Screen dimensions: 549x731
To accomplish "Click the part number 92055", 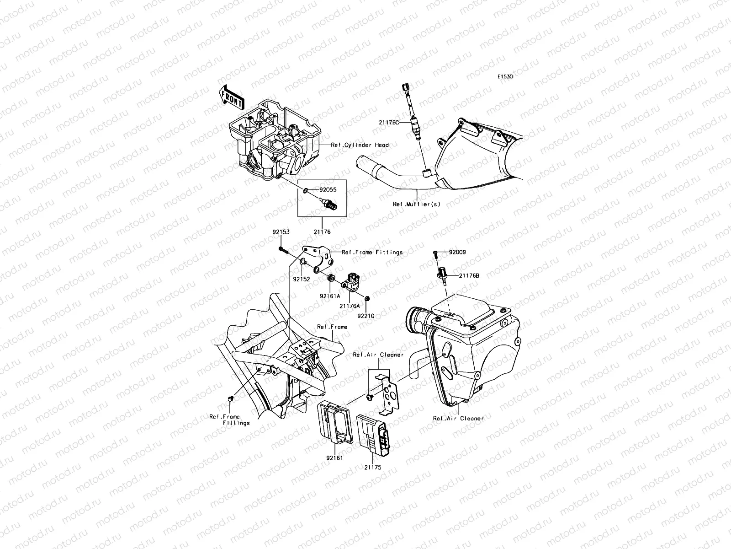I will pyautogui.click(x=328, y=189).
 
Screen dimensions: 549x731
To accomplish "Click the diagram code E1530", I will pyautogui.click(x=505, y=77).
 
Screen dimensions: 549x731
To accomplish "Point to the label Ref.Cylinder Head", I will pyautogui.click(x=360, y=145).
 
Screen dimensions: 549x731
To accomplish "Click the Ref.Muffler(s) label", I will pyautogui.click(x=416, y=205).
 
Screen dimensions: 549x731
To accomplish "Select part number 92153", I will pyautogui.click(x=281, y=232).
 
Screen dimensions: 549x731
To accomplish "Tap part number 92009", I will pyautogui.click(x=457, y=252).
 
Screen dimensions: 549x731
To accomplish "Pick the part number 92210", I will pyautogui.click(x=365, y=316).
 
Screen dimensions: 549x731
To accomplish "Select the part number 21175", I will pyautogui.click(x=372, y=468).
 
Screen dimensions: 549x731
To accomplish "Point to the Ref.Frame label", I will pyautogui.click(x=332, y=327).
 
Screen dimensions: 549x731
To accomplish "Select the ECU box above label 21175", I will pyautogui.click(x=375, y=433).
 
